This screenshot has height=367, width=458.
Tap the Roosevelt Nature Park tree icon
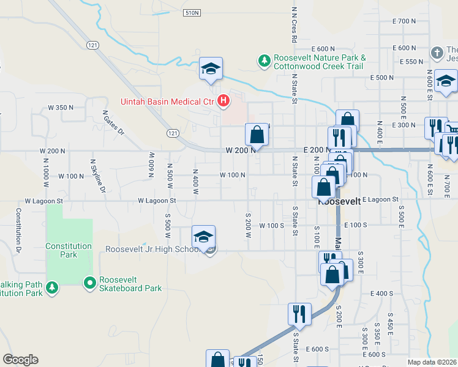pos(265,60)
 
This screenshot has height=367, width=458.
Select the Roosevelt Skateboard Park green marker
pos(89,283)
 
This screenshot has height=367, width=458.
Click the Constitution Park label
pos(69,250)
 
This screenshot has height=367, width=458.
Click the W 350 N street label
pos(61,107)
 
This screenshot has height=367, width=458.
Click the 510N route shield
pos(192,12)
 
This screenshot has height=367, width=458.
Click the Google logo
pos(20,360)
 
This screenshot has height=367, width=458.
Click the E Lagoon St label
pos(380,199)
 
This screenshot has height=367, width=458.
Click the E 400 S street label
pos(383,294)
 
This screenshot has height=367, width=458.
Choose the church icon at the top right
pos(437,52)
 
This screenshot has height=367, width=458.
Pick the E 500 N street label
pos(382,78)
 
